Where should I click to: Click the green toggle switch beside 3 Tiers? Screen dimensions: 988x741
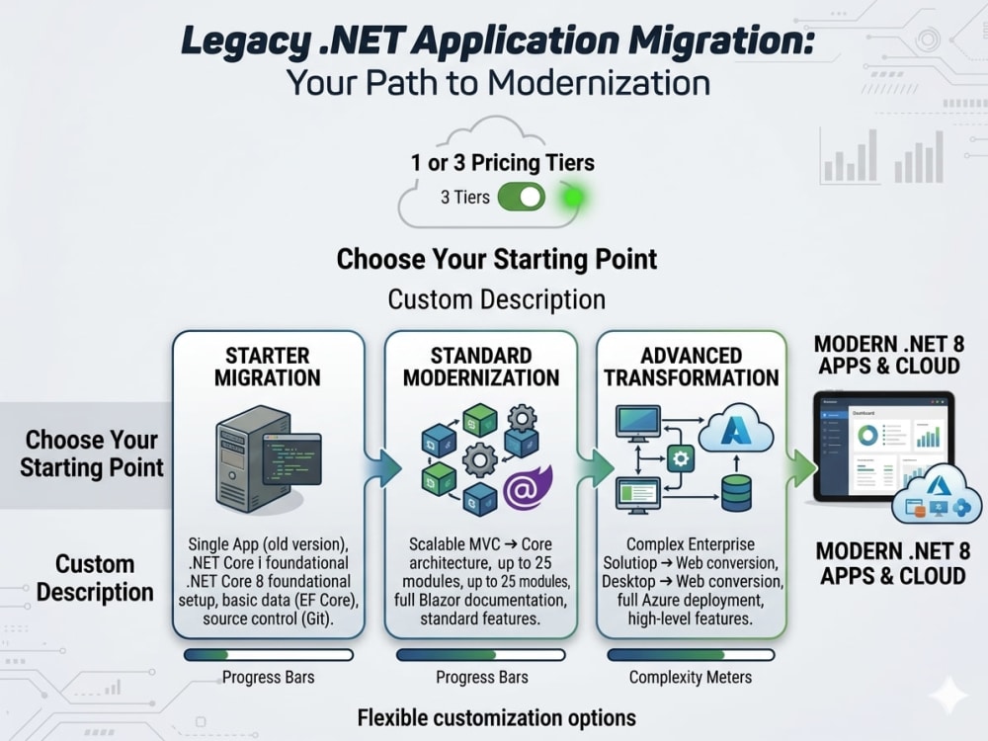tap(521, 198)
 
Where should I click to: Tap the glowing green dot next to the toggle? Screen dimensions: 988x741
tap(573, 198)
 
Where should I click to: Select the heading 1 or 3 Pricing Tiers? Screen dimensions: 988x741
tap(502, 163)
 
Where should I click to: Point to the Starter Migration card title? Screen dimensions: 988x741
tap(268, 367)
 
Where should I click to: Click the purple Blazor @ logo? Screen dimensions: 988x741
tap(527, 487)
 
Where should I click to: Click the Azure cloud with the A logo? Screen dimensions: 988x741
tap(736, 429)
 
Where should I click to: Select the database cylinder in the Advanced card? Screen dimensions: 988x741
tap(736, 492)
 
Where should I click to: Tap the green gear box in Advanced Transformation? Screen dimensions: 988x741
tap(681, 458)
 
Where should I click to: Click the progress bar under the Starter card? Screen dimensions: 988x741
tap(269, 655)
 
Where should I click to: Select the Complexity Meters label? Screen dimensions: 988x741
tap(691, 678)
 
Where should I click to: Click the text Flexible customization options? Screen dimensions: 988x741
tap(497, 717)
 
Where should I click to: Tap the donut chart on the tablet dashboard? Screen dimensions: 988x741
tap(867, 435)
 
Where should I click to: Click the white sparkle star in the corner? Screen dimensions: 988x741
tap(948, 696)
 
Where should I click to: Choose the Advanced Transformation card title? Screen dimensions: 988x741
tap(692, 367)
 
